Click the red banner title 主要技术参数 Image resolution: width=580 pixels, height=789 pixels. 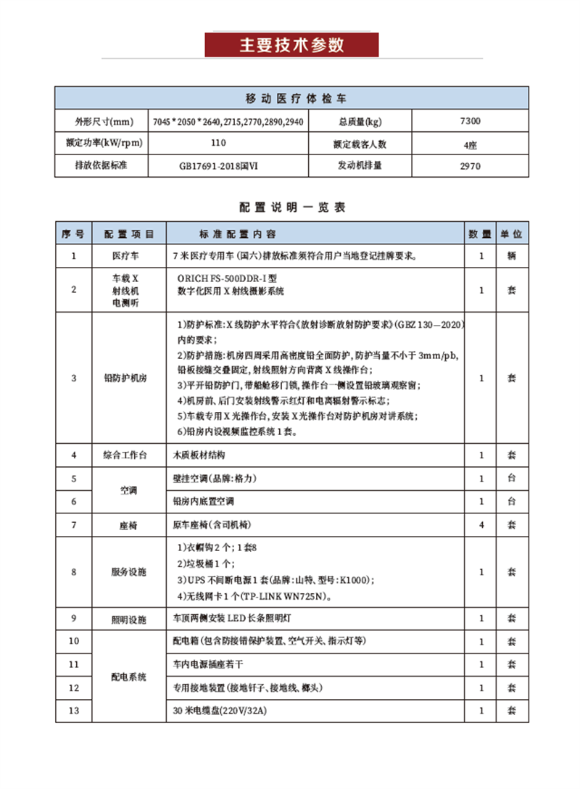(x=291, y=45)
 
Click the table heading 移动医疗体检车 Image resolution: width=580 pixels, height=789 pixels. (x=292, y=98)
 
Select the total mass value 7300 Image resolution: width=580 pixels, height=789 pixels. (x=470, y=121)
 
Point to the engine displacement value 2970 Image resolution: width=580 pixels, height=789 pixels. (x=470, y=165)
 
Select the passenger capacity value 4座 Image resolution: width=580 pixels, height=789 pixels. (x=470, y=144)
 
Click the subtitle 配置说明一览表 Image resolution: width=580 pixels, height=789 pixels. (x=292, y=207)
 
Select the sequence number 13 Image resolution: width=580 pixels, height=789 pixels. (x=74, y=711)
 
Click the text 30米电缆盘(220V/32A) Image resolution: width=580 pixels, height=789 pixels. (x=220, y=711)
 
